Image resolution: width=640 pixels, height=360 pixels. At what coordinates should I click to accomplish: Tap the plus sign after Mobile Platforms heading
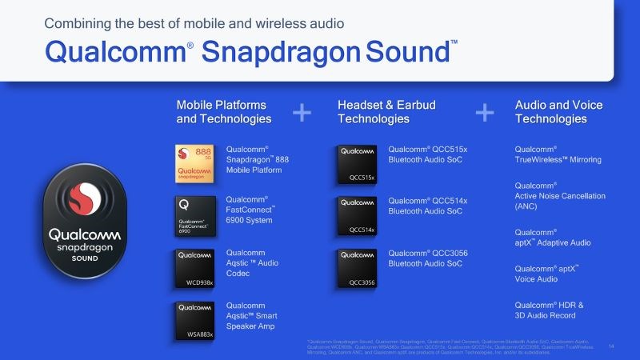[x=302, y=113]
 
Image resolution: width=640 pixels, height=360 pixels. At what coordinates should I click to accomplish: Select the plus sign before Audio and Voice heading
[x=485, y=113]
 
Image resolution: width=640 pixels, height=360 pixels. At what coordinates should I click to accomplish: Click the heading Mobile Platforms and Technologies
[x=223, y=112]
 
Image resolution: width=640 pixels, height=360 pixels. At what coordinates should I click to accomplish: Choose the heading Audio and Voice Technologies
[x=558, y=112]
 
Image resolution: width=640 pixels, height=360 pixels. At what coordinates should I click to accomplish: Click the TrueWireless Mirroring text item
[x=558, y=154]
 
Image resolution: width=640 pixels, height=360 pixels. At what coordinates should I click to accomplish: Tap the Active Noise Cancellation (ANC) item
[x=560, y=196]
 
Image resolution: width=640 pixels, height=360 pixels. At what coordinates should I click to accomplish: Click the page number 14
[x=611, y=346]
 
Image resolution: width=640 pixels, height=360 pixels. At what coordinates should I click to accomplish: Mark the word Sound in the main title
[x=407, y=52]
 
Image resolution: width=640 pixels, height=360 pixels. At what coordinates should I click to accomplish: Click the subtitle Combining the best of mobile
[x=195, y=23]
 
